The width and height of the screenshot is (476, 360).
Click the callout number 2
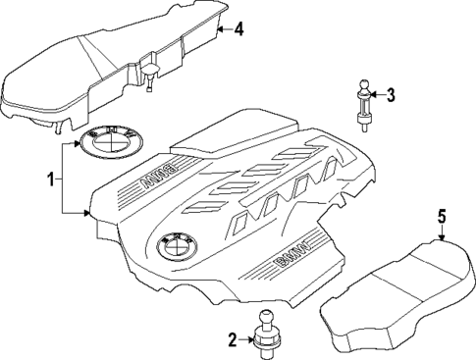coord(233,340)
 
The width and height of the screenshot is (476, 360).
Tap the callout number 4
coord(238,29)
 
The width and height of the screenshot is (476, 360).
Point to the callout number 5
coord(442,214)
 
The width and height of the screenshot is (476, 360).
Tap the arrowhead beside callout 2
coord(249,340)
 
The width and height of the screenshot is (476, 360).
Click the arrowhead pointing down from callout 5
coord(443,235)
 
